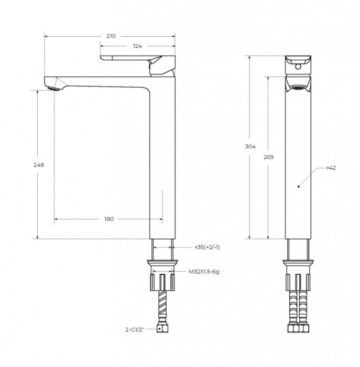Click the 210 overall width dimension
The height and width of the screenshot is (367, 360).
click(111, 36)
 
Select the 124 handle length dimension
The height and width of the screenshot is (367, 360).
click(137, 47)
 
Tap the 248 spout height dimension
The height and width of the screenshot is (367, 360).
click(38, 165)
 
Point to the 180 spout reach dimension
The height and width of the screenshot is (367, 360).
click(109, 219)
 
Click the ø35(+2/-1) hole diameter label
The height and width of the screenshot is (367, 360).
click(207, 247)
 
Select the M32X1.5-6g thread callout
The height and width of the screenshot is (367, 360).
click(204, 272)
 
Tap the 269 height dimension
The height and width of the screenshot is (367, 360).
click(269, 157)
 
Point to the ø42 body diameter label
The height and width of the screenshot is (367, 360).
click(331, 168)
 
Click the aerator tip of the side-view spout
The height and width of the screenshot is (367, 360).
click(52, 85)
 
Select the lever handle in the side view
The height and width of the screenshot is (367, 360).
click(136, 57)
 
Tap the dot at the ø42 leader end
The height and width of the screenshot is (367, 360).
click(298, 186)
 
